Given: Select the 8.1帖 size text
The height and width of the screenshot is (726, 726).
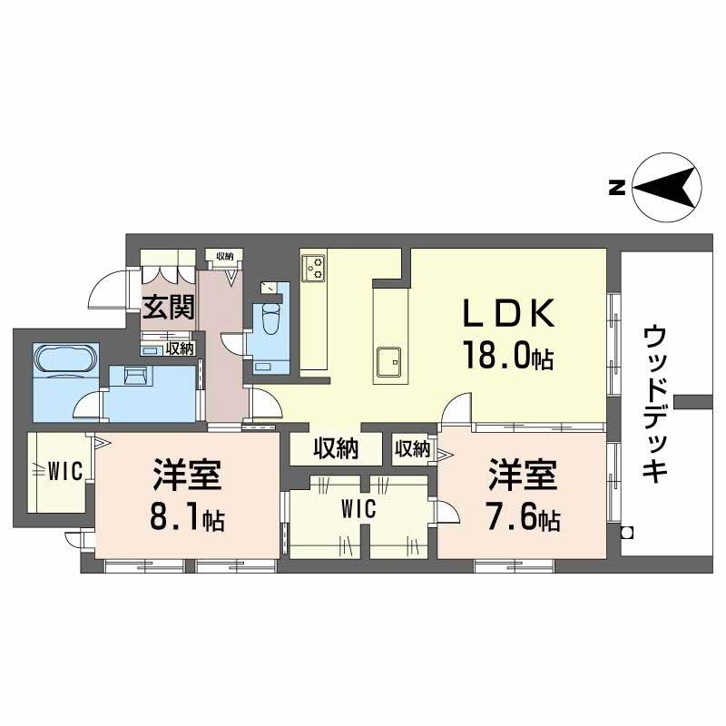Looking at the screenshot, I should (188, 519).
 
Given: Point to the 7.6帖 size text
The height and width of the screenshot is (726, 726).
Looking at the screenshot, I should (524, 519).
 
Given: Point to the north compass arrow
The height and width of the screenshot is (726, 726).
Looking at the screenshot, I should (667, 189).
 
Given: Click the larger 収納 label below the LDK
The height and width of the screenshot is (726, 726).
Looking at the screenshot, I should (335, 448).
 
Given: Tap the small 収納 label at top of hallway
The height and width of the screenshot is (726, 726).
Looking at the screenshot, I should (225, 257).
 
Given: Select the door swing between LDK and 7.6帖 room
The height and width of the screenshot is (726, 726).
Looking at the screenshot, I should (456, 408).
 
